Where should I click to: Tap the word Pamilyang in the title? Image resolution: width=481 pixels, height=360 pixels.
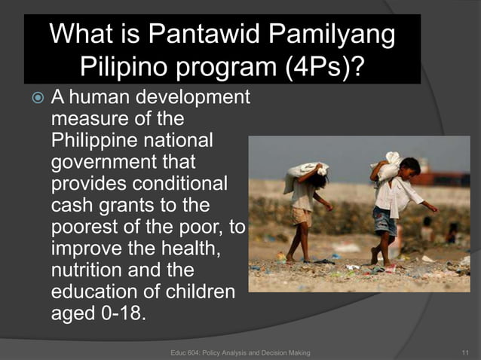coord(333,35)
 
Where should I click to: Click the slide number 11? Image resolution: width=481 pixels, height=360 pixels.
coord(464,352)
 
